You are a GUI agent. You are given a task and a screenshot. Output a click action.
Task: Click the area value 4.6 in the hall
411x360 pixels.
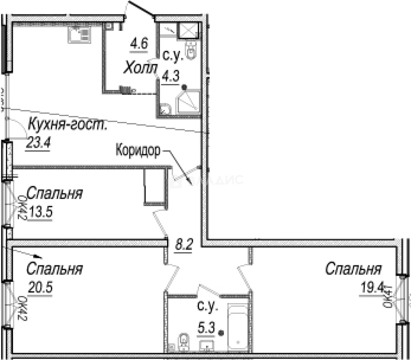[139, 44]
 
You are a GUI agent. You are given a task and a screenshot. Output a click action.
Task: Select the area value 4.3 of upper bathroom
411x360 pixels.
[170, 76]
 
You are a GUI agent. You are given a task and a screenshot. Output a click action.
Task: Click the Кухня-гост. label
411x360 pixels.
[67, 125]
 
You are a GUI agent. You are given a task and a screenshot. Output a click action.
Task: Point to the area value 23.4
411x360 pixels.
[38, 143]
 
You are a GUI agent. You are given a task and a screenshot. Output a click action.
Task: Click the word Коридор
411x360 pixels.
[138, 150]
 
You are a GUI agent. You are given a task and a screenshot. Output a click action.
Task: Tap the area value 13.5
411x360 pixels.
[41, 212]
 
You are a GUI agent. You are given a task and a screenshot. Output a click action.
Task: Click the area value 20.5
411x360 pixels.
[40, 287]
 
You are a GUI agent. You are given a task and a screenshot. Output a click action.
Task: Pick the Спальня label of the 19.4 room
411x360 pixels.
[353, 269]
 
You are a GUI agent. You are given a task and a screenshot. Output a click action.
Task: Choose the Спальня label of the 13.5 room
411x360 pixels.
[54, 193]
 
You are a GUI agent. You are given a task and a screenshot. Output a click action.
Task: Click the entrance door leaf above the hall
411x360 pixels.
[140, 9]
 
